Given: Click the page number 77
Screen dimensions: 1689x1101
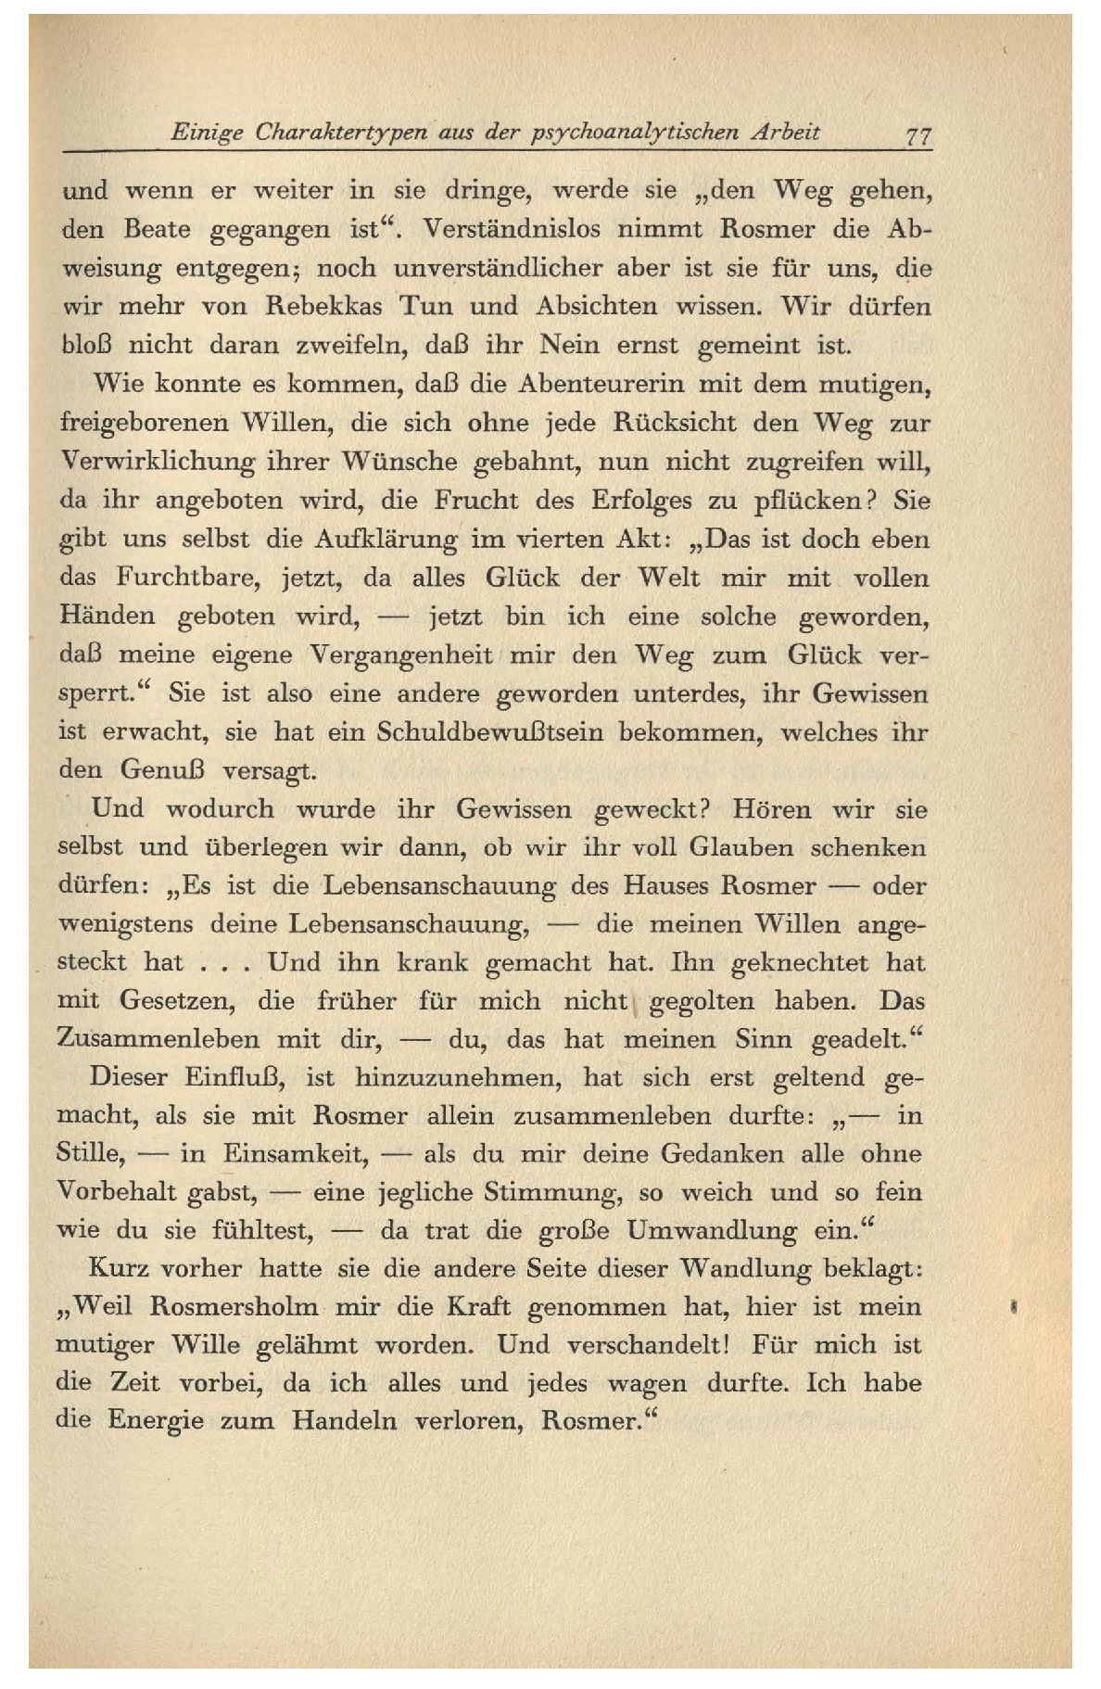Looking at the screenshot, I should click(918, 133).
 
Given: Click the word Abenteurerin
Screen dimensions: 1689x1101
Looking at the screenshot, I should click(606, 384).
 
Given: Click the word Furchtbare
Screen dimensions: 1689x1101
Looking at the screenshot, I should click(185, 578).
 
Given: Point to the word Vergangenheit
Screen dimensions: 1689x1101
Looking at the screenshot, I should click(399, 654).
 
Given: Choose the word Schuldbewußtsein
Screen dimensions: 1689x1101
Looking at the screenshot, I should click(490, 731).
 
